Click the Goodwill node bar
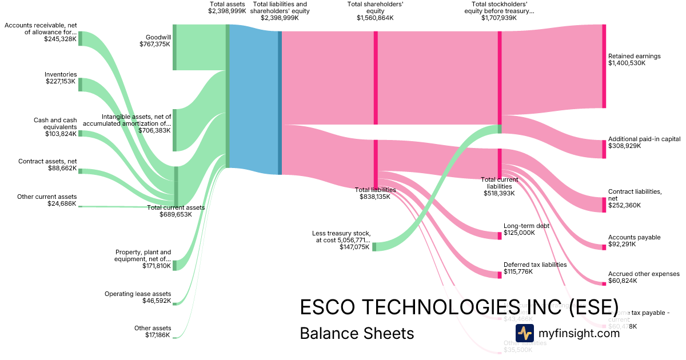(x=174, y=47)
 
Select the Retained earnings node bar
(x=604, y=66)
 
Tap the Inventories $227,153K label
(x=61, y=78)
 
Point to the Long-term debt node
(x=499, y=236)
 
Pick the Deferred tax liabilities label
(x=535, y=268)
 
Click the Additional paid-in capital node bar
(x=604, y=149)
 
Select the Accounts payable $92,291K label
(x=634, y=241)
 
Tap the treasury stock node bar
(x=374, y=247)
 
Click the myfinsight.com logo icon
(x=524, y=333)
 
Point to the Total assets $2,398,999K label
(x=228, y=7)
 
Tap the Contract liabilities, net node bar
(x=604, y=205)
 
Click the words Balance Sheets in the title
(x=357, y=333)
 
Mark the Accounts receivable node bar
(x=80, y=38)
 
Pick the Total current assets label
(x=176, y=211)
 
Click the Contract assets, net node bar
(x=80, y=170)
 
